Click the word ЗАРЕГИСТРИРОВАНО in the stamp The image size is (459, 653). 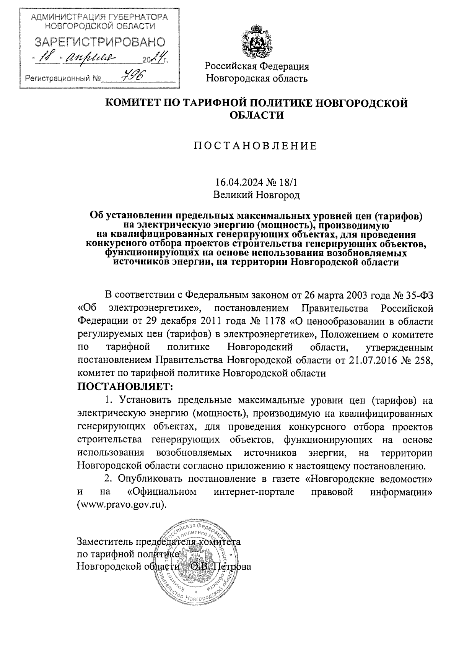(x=100, y=42)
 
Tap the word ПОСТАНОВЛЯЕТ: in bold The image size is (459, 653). (x=125, y=387)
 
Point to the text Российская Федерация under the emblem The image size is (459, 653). (x=257, y=67)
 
